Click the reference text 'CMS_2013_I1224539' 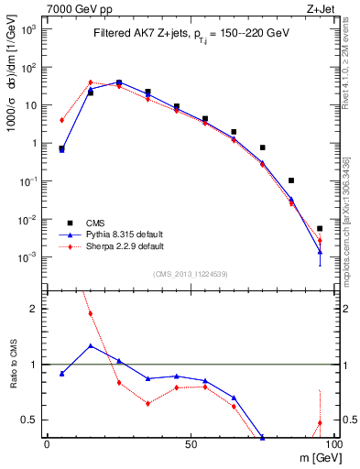tap(191, 273)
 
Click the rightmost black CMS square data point tap(320, 228)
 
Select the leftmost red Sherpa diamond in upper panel tap(61, 120)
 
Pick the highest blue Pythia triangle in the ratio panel tap(90, 346)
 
